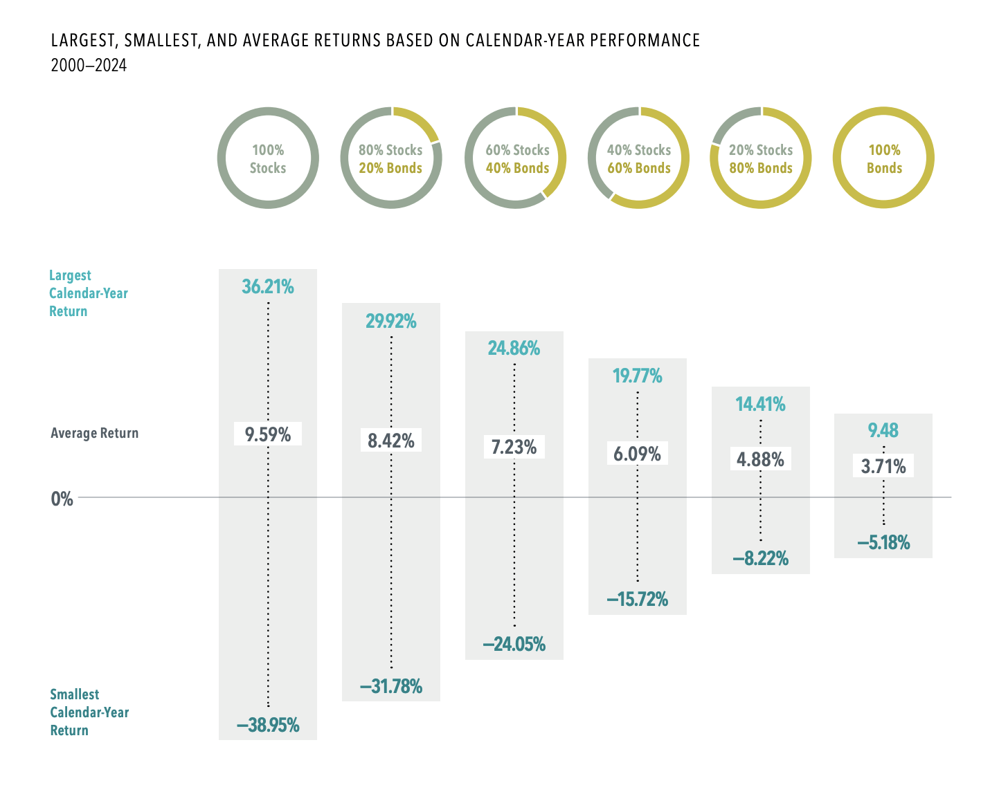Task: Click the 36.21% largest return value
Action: pyautogui.click(x=268, y=286)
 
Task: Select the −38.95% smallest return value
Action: pyautogui.click(x=268, y=726)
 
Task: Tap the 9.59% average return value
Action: pyautogui.click(x=268, y=434)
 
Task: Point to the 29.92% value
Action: pyautogui.click(x=391, y=321)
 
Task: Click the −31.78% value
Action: pyautogui.click(x=391, y=687)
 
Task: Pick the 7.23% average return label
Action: pyautogui.click(x=514, y=447)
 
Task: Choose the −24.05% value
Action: pyautogui.click(x=514, y=645)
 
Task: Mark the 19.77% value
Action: pyautogui.click(x=638, y=376)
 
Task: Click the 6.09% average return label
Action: pyautogui.click(x=638, y=454)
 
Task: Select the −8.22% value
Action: pyautogui.click(x=761, y=559)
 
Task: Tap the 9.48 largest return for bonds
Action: pyautogui.click(x=883, y=430)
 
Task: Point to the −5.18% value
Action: pyautogui.click(x=883, y=543)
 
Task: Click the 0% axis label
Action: pyautogui.click(x=62, y=499)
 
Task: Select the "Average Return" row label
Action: pyautogui.click(x=95, y=434)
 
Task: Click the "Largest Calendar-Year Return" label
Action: pyautogui.click(x=89, y=293)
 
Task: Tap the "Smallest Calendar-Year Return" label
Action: pyautogui.click(x=89, y=712)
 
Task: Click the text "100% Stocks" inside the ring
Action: pyautogui.click(x=268, y=159)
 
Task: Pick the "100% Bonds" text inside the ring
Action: pyautogui.click(x=884, y=159)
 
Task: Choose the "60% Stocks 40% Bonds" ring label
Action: pyautogui.click(x=517, y=159)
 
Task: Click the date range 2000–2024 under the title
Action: pyautogui.click(x=89, y=66)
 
